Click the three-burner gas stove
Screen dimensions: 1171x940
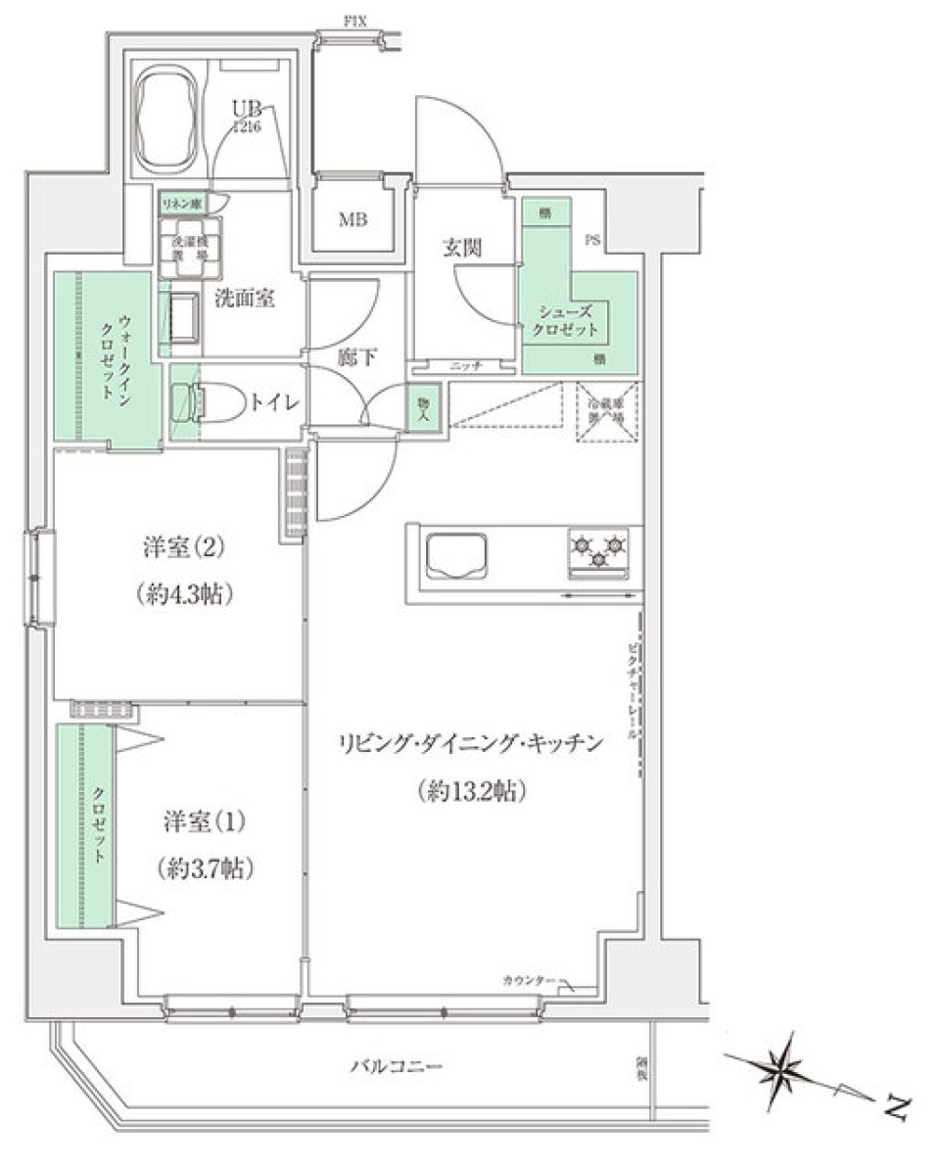click(x=599, y=552)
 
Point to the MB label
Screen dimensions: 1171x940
click(x=352, y=220)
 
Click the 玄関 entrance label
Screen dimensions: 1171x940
click(x=461, y=249)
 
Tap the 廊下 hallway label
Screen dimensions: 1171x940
click(x=356, y=357)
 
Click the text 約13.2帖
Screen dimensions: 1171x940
click(x=472, y=789)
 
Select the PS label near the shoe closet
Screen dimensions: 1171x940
click(x=594, y=239)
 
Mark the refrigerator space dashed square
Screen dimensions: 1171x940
click(x=607, y=412)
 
